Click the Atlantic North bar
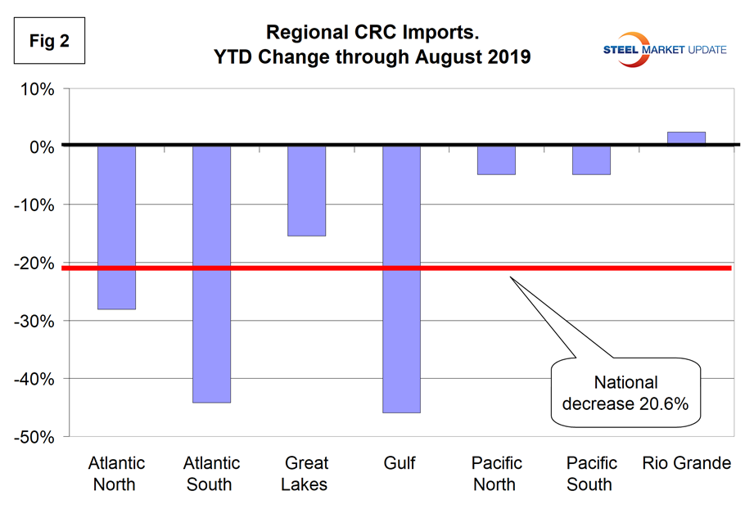[x=116, y=227]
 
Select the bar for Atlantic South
[x=211, y=274]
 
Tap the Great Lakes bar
[x=306, y=191]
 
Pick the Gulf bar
[x=401, y=279]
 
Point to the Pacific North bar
[x=496, y=160]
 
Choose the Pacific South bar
[x=591, y=160]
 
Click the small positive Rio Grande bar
[x=686, y=138]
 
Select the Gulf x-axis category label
[x=401, y=464]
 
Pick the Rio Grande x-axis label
[x=686, y=464]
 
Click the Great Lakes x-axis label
[x=306, y=474]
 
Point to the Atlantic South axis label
[x=211, y=474]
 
